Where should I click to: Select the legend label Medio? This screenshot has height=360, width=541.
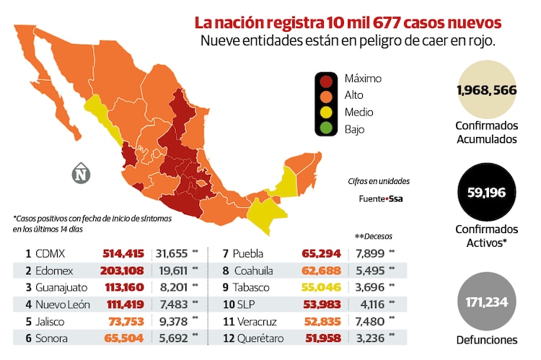click(x=359, y=113)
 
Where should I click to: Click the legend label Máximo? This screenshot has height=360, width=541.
click(x=363, y=79)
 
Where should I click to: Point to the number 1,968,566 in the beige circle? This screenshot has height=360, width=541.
click(x=487, y=90)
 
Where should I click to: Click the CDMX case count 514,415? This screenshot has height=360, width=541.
click(x=123, y=254)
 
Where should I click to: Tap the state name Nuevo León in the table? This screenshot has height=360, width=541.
click(x=62, y=304)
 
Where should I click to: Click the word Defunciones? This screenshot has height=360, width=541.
click(x=487, y=340)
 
